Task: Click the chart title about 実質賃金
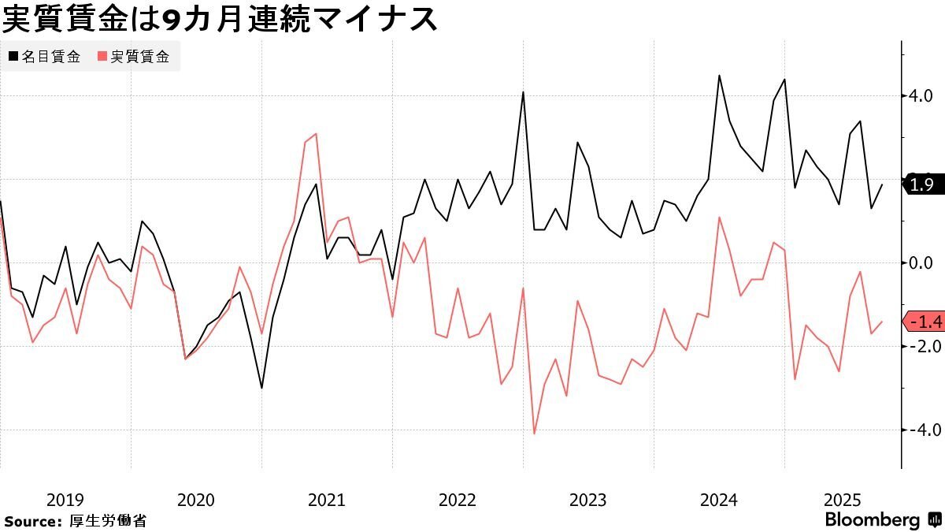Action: (220, 19)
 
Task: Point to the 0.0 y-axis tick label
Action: (920, 262)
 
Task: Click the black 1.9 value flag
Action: (921, 185)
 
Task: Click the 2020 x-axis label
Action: (195, 500)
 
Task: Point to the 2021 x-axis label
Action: (326, 500)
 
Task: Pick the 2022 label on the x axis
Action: (457, 500)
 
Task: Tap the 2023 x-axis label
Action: (587, 500)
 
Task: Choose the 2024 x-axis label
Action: (718, 500)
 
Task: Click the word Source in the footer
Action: (31, 521)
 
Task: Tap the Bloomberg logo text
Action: (872, 520)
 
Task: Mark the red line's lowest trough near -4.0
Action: (534, 433)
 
